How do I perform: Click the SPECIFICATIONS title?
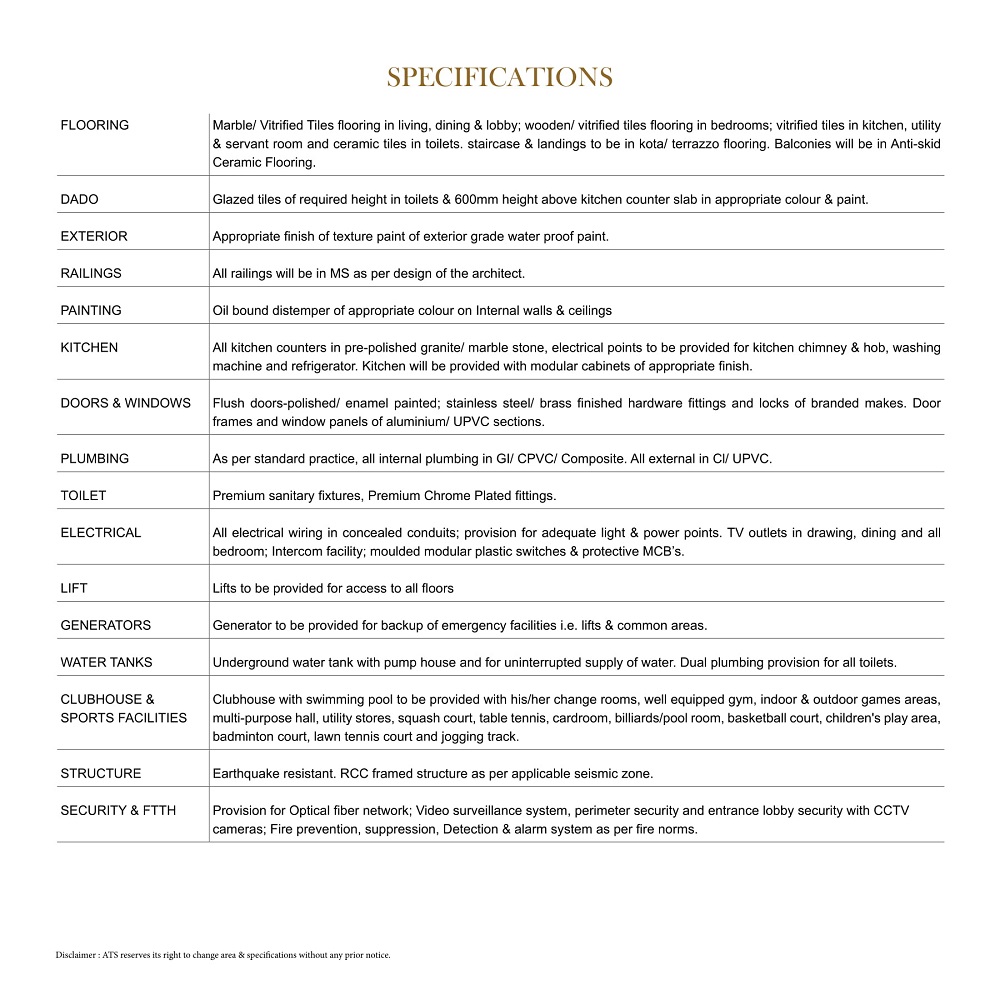tap(499, 77)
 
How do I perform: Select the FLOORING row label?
tap(95, 125)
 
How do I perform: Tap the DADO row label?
tap(80, 199)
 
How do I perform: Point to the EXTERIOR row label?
tap(94, 236)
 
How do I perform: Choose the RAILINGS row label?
tap(91, 273)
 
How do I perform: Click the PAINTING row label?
tap(91, 310)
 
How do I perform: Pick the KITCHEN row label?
tap(89, 347)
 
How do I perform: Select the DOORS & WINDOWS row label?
tap(125, 403)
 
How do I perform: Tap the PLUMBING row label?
tap(95, 458)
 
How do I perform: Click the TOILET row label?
tap(83, 495)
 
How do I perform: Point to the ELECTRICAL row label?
tap(101, 532)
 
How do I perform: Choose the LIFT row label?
tap(74, 588)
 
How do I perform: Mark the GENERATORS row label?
tap(106, 625)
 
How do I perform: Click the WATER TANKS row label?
tap(107, 662)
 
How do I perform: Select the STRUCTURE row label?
tap(101, 773)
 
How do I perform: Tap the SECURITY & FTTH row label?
tap(118, 810)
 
